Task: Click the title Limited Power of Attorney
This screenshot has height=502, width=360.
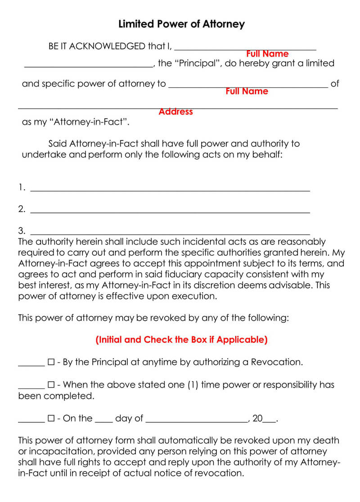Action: (x=181, y=24)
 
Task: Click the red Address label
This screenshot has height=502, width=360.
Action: (x=175, y=112)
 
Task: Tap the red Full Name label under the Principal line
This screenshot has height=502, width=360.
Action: (x=267, y=54)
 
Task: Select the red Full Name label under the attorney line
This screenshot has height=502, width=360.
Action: (x=247, y=91)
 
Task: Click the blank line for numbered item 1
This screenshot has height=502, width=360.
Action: (x=170, y=190)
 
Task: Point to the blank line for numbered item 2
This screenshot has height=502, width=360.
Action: (x=170, y=211)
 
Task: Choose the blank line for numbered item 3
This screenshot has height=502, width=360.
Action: (x=170, y=233)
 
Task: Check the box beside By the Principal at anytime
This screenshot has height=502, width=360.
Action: (x=51, y=362)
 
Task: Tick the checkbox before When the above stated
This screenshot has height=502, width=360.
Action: (x=51, y=385)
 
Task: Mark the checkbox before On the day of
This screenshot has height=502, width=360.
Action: (x=51, y=419)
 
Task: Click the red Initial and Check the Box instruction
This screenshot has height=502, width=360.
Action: (x=181, y=340)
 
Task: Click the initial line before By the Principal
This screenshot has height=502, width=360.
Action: (x=31, y=365)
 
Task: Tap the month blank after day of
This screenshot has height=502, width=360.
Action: (x=197, y=421)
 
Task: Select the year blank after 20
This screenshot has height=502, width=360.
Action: (x=269, y=421)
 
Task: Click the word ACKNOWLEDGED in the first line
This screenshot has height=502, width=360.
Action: (x=108, y=46)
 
